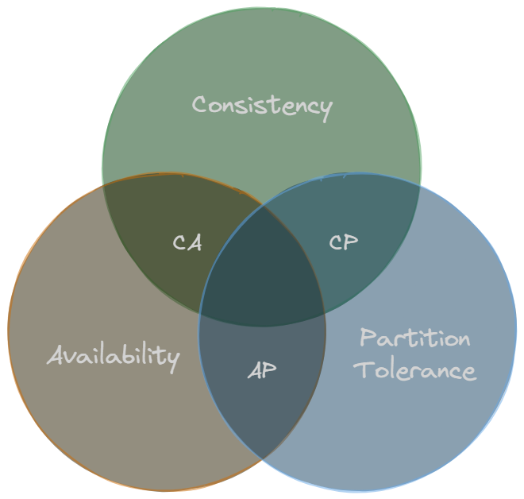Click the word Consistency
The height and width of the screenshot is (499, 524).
[x=261, y=106]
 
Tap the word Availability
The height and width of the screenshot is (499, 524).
[x=113, y=355]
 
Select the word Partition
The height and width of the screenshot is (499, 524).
[x=414, y=338]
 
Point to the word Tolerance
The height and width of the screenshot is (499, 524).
[x=414, y=370]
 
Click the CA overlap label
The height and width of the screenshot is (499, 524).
[x=187, y=242]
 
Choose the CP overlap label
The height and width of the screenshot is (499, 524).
[x=343, y=242]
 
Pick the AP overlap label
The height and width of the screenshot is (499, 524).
[x=262, y=370]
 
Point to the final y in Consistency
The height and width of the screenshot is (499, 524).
[x=324, y=110]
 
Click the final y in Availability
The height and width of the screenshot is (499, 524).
[x=171, y=359]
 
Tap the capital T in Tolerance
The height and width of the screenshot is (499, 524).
[x=364, y=369]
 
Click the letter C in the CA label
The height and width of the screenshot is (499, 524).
[x=180, y=242]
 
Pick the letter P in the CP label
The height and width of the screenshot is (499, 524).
[x=351, y=242]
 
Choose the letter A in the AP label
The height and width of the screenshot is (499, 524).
[x=255, y=370]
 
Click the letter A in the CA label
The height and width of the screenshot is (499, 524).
[x=195, y=242]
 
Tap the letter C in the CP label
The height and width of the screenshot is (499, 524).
[x=336, y=242]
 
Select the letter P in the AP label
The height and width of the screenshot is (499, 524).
[x=270, y=370]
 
